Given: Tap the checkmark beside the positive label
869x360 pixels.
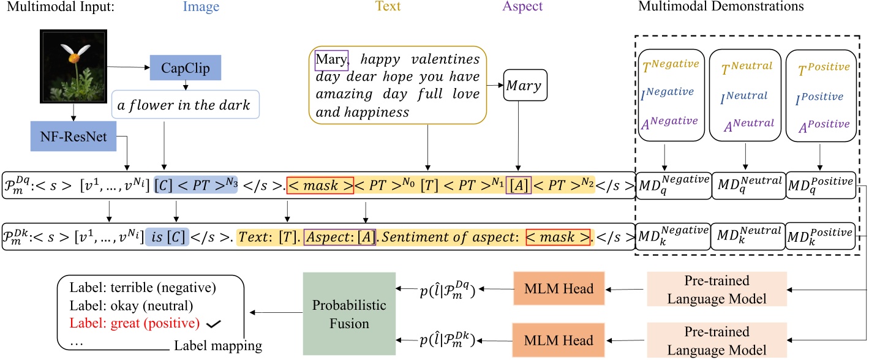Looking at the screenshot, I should click(x=214, y=322).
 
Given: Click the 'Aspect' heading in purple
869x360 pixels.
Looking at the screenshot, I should click(x=522, y=7).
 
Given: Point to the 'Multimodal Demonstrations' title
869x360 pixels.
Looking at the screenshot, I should click(x=720, y=7).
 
